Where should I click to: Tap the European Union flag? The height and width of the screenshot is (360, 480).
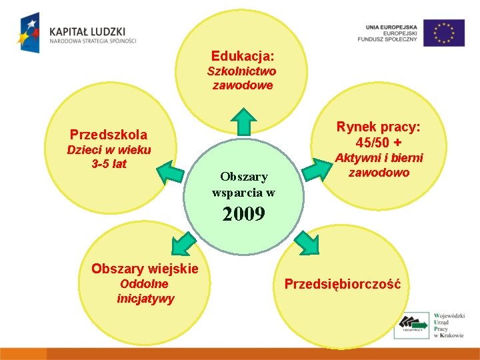click(x=444, y=33)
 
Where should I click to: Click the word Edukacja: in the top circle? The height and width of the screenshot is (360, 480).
click(x=243, y=56)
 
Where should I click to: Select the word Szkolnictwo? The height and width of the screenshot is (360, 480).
click(x=242, y=71)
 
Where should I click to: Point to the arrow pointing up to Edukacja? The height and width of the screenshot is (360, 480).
click(x=243, y=123)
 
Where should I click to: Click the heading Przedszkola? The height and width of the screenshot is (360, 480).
click(x=109, y=134)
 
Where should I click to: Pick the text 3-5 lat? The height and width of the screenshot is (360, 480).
click(x=109, y=163)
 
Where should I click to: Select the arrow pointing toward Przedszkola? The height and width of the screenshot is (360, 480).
click(x=171, y=175)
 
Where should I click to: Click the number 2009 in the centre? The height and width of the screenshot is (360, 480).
click(x=243, y=214)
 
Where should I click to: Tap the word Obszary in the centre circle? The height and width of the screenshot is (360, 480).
click(x=244, y=177)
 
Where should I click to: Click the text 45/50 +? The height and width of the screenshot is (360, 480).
click(x=379, y=143)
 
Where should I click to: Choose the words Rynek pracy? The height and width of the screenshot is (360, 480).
click(x=379, y=127)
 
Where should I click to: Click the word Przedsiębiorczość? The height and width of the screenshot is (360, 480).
click(x=343, y=284)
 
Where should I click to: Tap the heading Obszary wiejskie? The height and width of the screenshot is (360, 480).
click(x=145, y=269)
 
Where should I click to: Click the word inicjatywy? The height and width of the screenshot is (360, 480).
click(x=145, y=299)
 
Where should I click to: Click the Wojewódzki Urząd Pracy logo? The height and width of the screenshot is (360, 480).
click(x=429, y=325)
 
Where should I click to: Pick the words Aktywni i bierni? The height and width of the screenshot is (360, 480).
click(x=379, y=158)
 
